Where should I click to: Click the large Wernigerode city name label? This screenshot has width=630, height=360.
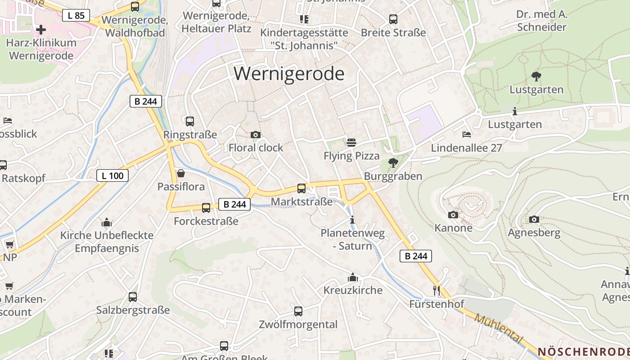(289, 73)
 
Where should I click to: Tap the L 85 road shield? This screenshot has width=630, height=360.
(76, 15)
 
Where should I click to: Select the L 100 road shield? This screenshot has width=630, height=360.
(112, 175)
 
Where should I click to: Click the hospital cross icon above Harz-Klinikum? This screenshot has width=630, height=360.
(41, 30)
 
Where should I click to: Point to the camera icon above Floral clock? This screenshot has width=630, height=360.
(255, 135)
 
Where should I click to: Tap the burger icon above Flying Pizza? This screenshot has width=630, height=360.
(351, 143)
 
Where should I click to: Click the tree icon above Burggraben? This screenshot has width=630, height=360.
(393, 163)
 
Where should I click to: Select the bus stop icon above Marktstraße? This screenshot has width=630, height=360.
(301, 189)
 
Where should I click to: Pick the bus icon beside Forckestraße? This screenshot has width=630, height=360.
(206, 208)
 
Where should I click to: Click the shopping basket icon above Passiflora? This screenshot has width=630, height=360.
(181, 173)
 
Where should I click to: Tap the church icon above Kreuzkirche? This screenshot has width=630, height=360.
(353, 277)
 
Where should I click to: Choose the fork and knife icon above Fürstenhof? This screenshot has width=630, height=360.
(436, 290)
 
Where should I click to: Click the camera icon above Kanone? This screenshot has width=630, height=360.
(453, 215)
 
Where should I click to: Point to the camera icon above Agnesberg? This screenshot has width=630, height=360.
(534, 220)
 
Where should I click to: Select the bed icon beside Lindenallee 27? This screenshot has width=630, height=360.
(467, 135)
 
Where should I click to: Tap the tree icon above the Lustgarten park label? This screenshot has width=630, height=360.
(536, 76)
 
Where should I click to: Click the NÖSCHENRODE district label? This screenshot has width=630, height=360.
(583, 351)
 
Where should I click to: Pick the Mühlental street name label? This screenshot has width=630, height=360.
(499, 329)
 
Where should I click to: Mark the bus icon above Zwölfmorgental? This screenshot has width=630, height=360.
(298, 311)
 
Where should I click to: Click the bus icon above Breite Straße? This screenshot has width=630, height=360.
(393, 19)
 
